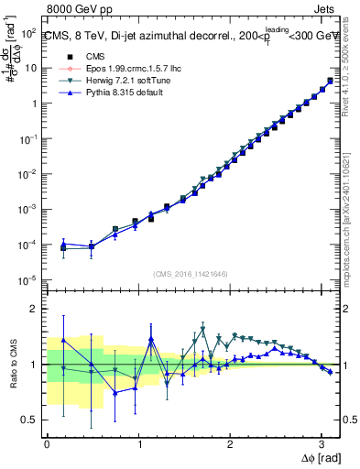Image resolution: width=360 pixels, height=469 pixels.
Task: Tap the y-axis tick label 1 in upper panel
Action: tap(33, 103)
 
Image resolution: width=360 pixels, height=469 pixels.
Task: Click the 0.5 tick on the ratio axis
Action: tap(29, 420)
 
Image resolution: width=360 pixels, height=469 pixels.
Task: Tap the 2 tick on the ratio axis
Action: tap(33, 309)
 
